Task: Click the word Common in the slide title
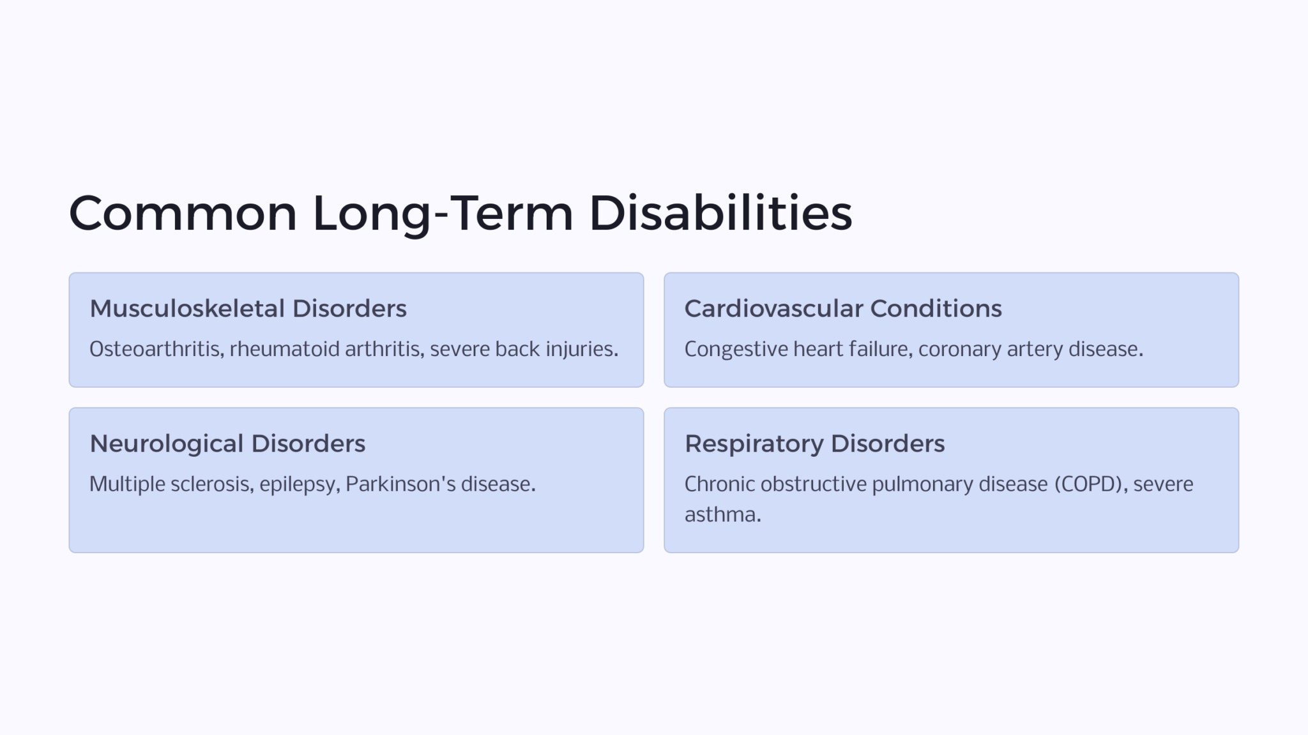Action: (x=183, y=213)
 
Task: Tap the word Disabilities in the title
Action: (x=720, y=213)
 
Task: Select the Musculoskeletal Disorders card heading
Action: (x=248, y=309)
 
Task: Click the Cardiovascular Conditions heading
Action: (x=843, y=309)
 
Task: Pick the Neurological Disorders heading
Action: (x=227, y=444)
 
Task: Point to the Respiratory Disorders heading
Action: (x=814, y=444)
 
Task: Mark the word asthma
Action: (x=722, y=514)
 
